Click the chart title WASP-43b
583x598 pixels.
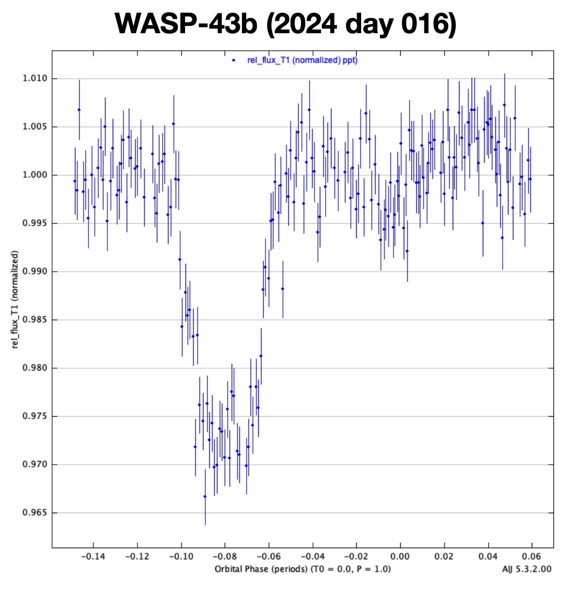[185, 23]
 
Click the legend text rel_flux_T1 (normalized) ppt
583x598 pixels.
[302, 60]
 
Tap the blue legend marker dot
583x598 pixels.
[234, 60]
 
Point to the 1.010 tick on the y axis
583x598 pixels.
[35, 79]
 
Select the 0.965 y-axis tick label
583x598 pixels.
[35, 513]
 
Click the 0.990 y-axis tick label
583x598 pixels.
[35, 272]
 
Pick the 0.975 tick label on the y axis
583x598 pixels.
[35, 416]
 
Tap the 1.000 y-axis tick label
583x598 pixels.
[35, 175]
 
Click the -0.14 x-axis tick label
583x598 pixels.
[93, 557]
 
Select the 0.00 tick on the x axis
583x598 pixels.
[400, 557]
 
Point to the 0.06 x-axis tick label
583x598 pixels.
[531, 557]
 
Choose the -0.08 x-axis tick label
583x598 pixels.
[225, 557]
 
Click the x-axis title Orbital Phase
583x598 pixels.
[302, 569]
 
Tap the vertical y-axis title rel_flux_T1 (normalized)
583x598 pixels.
[15, 299]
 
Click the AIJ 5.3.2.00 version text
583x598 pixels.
[526, 569]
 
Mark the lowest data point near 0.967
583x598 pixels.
[205, 497]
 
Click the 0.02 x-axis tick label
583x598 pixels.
[444, 557]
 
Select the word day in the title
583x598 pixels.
[368, 23]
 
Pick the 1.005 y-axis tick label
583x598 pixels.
[35, 127]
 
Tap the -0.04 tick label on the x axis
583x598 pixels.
[312, 557]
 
